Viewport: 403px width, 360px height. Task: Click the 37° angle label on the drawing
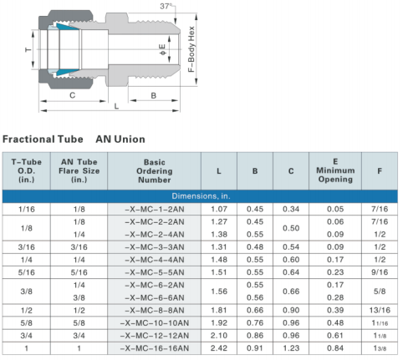coord(166,6)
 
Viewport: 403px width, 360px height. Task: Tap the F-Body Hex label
coord(191,49)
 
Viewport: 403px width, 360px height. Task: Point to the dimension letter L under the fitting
coord(116,106)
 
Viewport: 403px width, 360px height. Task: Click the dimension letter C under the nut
coord(73,95)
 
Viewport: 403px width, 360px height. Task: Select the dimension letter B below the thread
coord(153,96)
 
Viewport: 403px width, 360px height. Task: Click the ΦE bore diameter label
coord(162,49)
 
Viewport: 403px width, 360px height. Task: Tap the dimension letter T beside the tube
coord(28,50)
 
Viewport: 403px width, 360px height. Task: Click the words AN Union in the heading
coord(120,139)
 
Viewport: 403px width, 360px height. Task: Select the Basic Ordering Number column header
coord(155,171)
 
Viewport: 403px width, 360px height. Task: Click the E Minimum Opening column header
coord(335,170)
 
